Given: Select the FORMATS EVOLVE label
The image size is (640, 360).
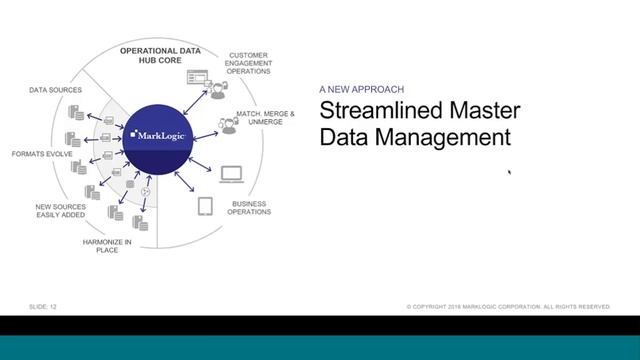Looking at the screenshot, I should (x=38, y=154).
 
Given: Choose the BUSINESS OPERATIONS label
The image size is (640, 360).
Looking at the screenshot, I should (x=250, y=207).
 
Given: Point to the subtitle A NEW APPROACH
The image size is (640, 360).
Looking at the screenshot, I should (x=363, y=88).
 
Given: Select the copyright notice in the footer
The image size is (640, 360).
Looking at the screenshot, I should (x=507, y=306).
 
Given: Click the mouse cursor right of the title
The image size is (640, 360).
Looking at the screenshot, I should (x=510, y=173).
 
